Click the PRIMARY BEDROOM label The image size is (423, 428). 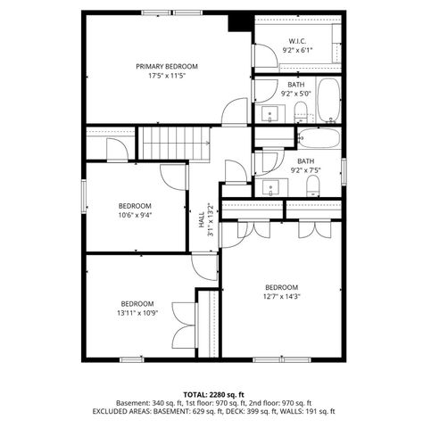click(167, 66)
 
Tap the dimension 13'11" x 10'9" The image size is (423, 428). click(138, 313)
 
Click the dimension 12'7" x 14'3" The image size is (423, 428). click(282, 297)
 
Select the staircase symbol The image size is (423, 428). click(173, 143)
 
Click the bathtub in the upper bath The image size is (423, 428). click(328, 101)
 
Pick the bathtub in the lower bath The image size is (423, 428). click(319, 139)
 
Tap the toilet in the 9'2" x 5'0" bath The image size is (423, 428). click(301, 111)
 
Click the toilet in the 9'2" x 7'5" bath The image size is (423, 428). click(313, 185)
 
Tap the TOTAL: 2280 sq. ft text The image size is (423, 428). click(214, 393)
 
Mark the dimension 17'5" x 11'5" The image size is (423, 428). click(167, 77)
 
